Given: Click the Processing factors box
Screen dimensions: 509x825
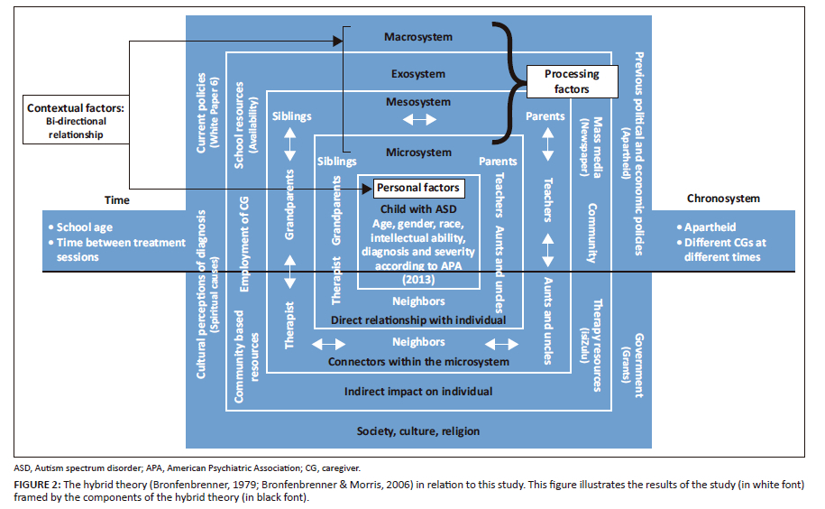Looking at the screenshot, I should coord(567,82).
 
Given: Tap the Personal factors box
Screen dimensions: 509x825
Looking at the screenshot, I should coord(418,188).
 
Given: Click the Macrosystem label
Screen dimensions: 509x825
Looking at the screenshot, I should coord(417,38).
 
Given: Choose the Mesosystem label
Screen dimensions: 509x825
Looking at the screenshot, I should coord(417,102).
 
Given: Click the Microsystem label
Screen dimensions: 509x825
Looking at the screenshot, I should coord(417,153).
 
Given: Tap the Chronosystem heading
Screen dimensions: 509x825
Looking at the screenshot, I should coord(723,199).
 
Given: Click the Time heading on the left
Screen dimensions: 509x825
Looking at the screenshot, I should coord(117,200).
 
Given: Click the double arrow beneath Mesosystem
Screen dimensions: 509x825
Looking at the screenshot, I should coord(417,120).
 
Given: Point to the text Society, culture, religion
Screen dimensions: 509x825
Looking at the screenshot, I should coord(417,430).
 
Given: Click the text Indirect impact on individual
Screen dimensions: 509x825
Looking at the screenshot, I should coord(417,392).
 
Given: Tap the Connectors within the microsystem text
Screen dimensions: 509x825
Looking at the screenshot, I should coord(417,362).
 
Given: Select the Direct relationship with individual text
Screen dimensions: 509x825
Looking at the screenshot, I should coord(417,320).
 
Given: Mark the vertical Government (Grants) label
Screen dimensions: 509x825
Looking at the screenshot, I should coord(639,365).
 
